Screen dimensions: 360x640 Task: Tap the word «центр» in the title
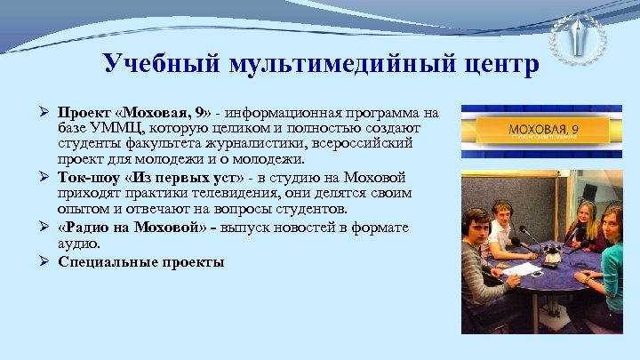click(498, 64)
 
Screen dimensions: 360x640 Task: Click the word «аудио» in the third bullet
click(78, 243)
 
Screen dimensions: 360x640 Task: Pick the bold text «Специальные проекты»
click(140, 261)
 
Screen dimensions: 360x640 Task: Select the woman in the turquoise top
click(613, 267)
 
